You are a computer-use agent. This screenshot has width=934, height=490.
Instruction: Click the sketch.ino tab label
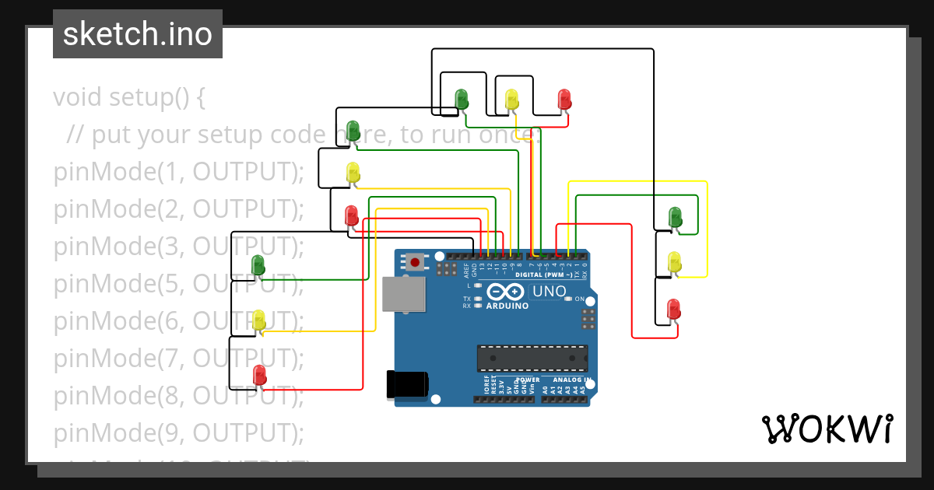pyautogui.click(x=138, y=34)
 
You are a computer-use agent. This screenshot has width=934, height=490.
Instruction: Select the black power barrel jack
pyautogui.click(x=407, y=384)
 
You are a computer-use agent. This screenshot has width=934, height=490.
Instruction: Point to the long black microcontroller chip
pyautogui.click(x=532, y=358)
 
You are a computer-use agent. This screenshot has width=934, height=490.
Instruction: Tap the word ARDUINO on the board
pyautogui.click(x=507, y=306)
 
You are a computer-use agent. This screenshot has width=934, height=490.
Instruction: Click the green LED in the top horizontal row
pyautogui.click(x=462, y=99)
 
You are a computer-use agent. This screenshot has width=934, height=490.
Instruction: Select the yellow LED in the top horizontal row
pyautogui.click(x=511, y=99)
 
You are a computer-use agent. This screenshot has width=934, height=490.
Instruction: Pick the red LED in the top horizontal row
pyautogui.click(x=564, y=99)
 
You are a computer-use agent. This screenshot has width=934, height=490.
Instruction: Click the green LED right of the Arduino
pyautogui.click(x=675, y=217)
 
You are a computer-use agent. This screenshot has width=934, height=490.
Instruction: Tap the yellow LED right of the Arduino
pyautogui.click(x=675, y=261)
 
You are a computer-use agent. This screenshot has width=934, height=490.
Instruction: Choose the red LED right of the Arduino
pyautogui.click(x=674, y=309)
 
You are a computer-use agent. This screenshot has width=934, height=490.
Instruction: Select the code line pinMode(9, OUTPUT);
pyautogui.click(x=178, y=432)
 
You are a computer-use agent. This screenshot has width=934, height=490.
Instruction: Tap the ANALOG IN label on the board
pyautogui.click(x=571, y=380)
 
